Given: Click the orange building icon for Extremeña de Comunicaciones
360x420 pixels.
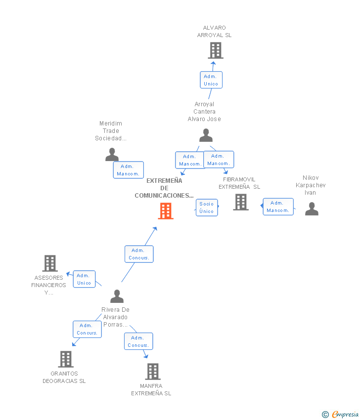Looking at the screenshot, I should point(166,211).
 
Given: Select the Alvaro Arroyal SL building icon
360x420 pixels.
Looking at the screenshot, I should point(215,50).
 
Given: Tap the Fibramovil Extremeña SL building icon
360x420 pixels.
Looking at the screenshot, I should point(241,202).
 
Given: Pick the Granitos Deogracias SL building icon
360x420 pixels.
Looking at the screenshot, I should point(66,359).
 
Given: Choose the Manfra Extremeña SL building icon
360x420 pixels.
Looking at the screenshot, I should point(153,372).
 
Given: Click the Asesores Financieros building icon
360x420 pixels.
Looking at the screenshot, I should point(50,263).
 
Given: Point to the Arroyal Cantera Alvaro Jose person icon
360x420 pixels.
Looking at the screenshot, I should point(206,135).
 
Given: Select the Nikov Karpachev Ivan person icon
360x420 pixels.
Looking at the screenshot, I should point(312,209).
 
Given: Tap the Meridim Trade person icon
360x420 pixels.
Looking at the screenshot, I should point(112,155).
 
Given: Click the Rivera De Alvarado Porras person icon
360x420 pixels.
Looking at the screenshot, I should point(117,296).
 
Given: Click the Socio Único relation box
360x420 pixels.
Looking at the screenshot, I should point(207,208).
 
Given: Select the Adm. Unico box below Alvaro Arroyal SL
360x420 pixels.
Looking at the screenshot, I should point(211,80).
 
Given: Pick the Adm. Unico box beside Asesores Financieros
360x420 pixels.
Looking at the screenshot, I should point(84,279).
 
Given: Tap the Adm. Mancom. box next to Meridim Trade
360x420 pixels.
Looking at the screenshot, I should point(128,170).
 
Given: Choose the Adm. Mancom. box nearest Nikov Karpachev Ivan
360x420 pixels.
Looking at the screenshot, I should point(278,207).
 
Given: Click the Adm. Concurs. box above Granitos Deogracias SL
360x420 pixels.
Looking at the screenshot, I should point(87,329).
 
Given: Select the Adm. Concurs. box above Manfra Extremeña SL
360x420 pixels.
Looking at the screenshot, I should point(138,341).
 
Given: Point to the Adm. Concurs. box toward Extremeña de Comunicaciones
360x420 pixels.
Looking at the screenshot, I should point(139,254).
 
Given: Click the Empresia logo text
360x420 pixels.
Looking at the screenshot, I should point(344,414).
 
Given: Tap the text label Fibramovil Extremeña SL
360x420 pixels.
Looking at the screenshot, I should point(239,183).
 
